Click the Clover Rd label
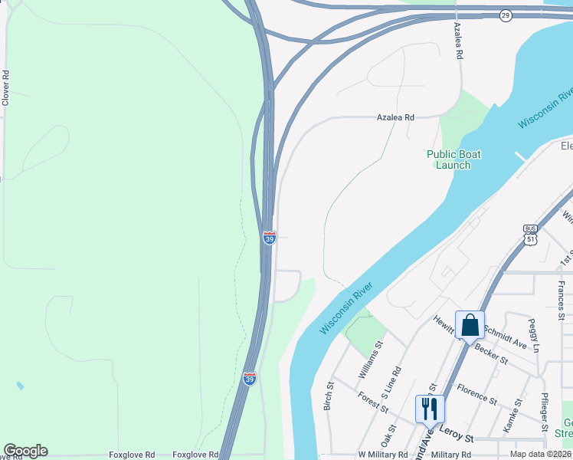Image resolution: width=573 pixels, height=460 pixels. coord(5,88)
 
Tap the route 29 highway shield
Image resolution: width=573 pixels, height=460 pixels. coord(505,15)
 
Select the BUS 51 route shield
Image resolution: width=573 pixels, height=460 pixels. coord(530,235)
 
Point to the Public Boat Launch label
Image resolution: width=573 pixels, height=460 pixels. coord(453,159)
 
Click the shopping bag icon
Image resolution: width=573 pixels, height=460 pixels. coord(470,325)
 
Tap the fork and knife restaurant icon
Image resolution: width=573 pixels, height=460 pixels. coord(429,408)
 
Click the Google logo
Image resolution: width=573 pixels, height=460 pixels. coord(25,451)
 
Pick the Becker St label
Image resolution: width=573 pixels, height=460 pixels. coord(491,353)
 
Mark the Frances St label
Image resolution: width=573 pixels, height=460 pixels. coord(561,300)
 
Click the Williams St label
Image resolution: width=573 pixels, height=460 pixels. coord(369,363)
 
